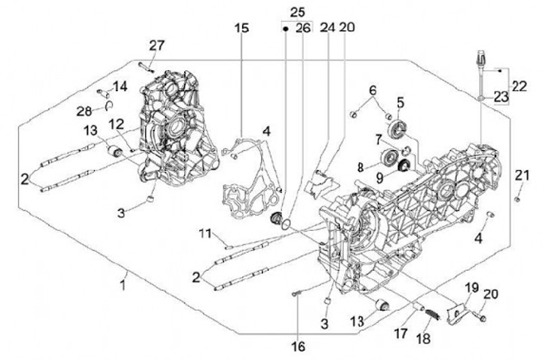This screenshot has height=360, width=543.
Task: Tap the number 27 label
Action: [x=156, y=45]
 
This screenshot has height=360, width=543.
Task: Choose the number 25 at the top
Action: [x=297, y=12]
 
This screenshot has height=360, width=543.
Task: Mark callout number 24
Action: [x=327, y=28]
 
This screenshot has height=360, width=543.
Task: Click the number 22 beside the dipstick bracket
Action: [x=520, y=87]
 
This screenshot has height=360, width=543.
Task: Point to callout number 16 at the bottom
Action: [x=299, y=346]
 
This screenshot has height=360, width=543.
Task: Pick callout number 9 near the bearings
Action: [x=379, y=179]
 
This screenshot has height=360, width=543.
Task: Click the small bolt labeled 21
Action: [x=517, y=198]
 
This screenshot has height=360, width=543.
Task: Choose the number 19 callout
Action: [x=471, y=288]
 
